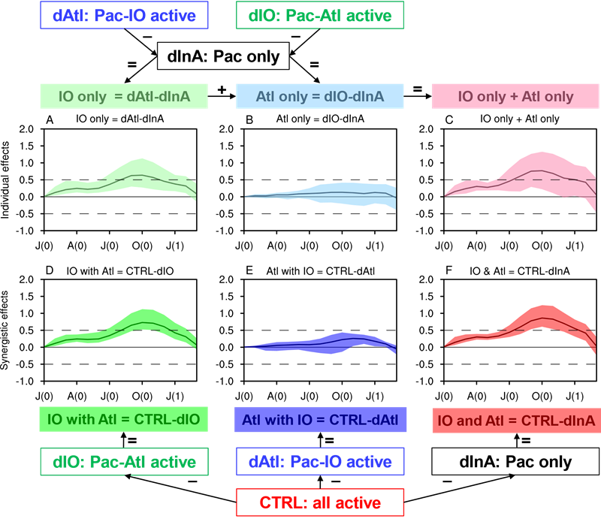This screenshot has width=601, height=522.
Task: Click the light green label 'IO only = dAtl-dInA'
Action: click(124, 96)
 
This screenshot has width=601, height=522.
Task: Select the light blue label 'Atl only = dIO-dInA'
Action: click(320, 96)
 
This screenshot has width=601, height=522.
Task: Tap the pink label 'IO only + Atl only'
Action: click(515, 96)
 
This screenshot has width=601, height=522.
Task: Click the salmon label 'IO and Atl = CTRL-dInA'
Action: click(515, 421)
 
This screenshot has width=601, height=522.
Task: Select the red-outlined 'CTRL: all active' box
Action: click(320, 502)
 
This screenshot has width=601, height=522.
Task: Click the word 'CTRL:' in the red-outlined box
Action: click(281, 502)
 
